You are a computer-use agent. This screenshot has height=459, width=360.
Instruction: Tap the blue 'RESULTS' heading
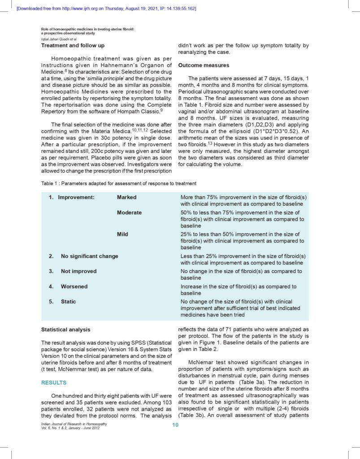click(54, 382)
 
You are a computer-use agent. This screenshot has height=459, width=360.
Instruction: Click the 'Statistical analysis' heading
click(66, 330)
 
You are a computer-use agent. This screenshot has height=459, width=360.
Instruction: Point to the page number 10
click(176, 425)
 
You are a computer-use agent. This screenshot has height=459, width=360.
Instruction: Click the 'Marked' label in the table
click(127, 197)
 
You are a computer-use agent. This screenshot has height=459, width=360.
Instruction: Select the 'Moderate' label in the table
click(129, 212)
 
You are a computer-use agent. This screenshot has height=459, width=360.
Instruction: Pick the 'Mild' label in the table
click(122, 234)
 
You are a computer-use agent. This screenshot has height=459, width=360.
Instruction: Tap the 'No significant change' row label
click(89, 256)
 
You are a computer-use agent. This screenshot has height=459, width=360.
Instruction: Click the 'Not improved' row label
click(78, 271)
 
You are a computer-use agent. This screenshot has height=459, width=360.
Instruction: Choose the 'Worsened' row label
click(75, 286)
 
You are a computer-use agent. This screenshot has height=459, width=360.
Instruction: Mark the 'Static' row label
click(68, 302)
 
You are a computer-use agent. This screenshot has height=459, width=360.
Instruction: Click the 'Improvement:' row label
click(76, 197)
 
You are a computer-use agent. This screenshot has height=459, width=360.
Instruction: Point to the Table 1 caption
click(119, 183)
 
